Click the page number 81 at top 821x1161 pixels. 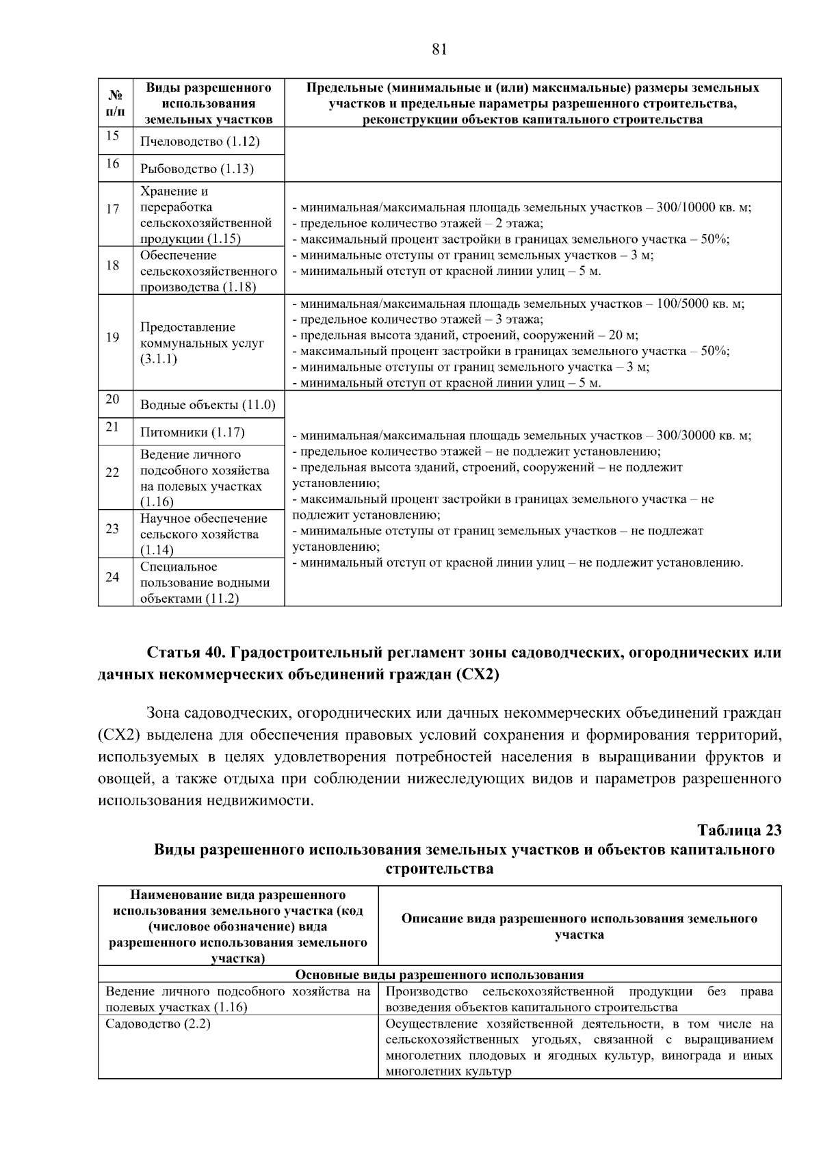tap(439, 49)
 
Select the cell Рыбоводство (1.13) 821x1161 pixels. tap(197, 169)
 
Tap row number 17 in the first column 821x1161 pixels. tap(113, 209)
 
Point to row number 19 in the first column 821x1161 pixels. tap(113, 337)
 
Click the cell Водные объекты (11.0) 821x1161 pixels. tap(207, 405)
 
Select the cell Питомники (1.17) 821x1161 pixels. tap(192, 432)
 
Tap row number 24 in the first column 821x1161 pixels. tap(113, 577)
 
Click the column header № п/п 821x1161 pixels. tap(115, 103)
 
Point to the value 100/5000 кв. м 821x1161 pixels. tap(700, 304)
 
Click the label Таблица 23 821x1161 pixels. tap(739, 831)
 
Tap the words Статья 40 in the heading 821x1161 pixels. tap(183, 653)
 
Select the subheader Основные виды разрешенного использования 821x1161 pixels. tap(439, 975)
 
